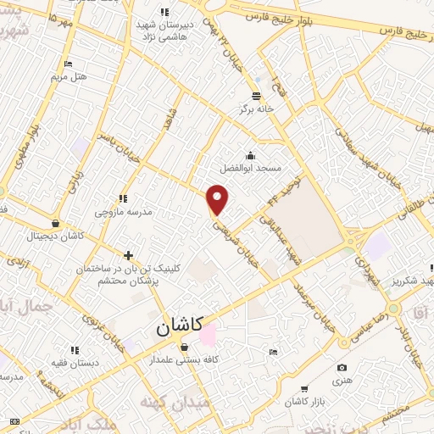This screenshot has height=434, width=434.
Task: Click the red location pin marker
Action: coord(219,199)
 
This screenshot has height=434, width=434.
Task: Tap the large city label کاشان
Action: coord(181,328)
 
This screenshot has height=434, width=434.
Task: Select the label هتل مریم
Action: coord(70,76)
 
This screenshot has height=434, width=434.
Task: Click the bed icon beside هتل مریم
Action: coord(69,64)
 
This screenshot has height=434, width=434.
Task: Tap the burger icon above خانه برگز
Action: coord(257,95)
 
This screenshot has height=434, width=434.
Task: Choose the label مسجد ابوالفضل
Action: coord(251,168)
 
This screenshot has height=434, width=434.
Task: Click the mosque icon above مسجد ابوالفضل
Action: coord(251,155)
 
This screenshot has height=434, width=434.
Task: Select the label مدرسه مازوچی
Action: coord(123,211)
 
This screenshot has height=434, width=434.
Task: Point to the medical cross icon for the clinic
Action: coord(128,254)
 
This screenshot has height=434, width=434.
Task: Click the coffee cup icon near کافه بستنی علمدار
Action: coord(206,347)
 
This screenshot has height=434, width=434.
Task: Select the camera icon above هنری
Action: coord(342,367)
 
